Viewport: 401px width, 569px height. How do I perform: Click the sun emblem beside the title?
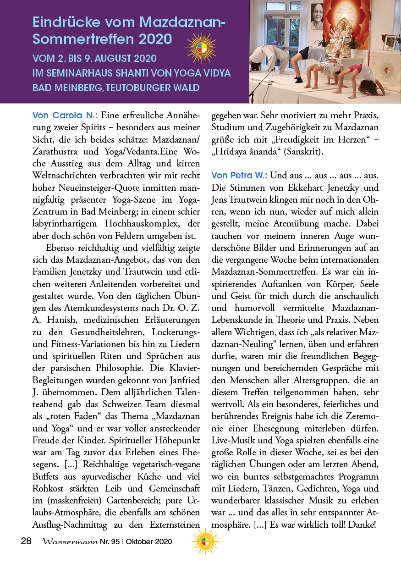[x=201, y=48]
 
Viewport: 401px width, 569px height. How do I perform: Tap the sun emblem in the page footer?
[x=205, y=541]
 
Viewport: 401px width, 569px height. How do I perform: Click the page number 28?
[x=26, y=541]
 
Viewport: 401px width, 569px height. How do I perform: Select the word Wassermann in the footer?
[x=70, y=541]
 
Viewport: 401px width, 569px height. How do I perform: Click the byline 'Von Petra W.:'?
[x=239, y=175]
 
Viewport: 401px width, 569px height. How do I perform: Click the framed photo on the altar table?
[x=390, y=42]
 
